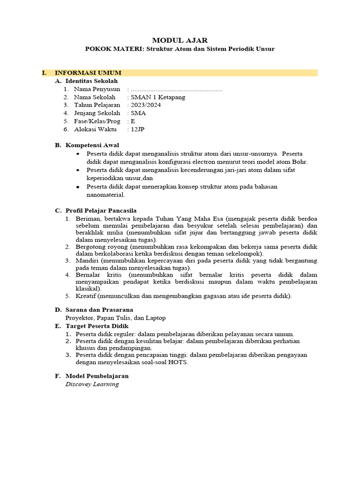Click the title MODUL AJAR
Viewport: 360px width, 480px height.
point(180,40)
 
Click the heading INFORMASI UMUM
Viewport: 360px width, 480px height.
point(88,73)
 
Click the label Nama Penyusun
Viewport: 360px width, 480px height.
point(97,89)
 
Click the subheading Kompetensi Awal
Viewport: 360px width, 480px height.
point(92,145)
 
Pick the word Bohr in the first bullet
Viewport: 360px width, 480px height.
point(299,162)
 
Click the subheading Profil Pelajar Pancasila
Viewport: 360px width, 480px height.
point(101,210)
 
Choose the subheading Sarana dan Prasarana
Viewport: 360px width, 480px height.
point(99,309)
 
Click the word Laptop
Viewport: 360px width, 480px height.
point(155,318)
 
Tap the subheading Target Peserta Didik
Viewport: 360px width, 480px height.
point(97,326)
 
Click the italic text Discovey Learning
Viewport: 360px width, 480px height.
point(92,384)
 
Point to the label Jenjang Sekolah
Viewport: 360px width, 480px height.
point(97,113)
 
